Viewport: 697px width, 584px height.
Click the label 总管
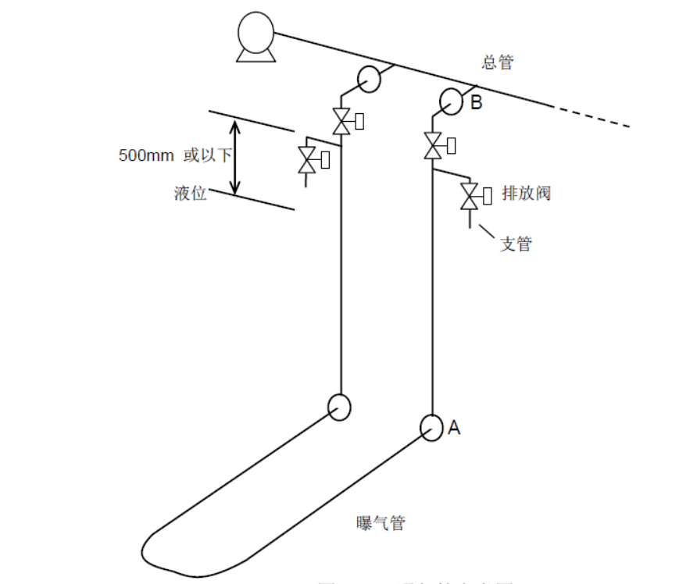(x=498, y=62)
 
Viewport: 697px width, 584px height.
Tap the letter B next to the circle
(x=476, y=101)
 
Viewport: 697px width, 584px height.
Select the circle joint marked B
(x=451, y=100)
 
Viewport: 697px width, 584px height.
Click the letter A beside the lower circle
(x=454, y=427)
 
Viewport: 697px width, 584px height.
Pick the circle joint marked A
(x=431, y=427)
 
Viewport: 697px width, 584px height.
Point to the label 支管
(x=516, y=244)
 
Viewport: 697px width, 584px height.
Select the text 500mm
(x=146, y=155)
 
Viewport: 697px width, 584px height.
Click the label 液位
(x=190, y=193)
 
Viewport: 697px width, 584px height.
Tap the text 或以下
(x=207, y=155)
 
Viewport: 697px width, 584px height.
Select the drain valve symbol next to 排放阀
(x=470, y=195)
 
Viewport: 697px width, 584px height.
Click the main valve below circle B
(x=432, y=145)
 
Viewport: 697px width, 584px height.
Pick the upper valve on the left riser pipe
(x=341, y=121)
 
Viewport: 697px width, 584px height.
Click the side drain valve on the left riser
(x=306, y=160)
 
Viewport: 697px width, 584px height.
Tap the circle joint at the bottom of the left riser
(x=339, y=407)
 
